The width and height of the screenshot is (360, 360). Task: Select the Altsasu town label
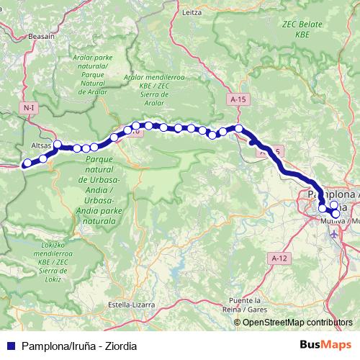(x=42, y=145)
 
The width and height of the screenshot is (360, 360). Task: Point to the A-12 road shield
(x=279, y=257)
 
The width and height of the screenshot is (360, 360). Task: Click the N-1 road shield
(x=29, y=107)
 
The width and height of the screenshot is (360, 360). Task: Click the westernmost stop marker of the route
(x=27, y=163)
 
